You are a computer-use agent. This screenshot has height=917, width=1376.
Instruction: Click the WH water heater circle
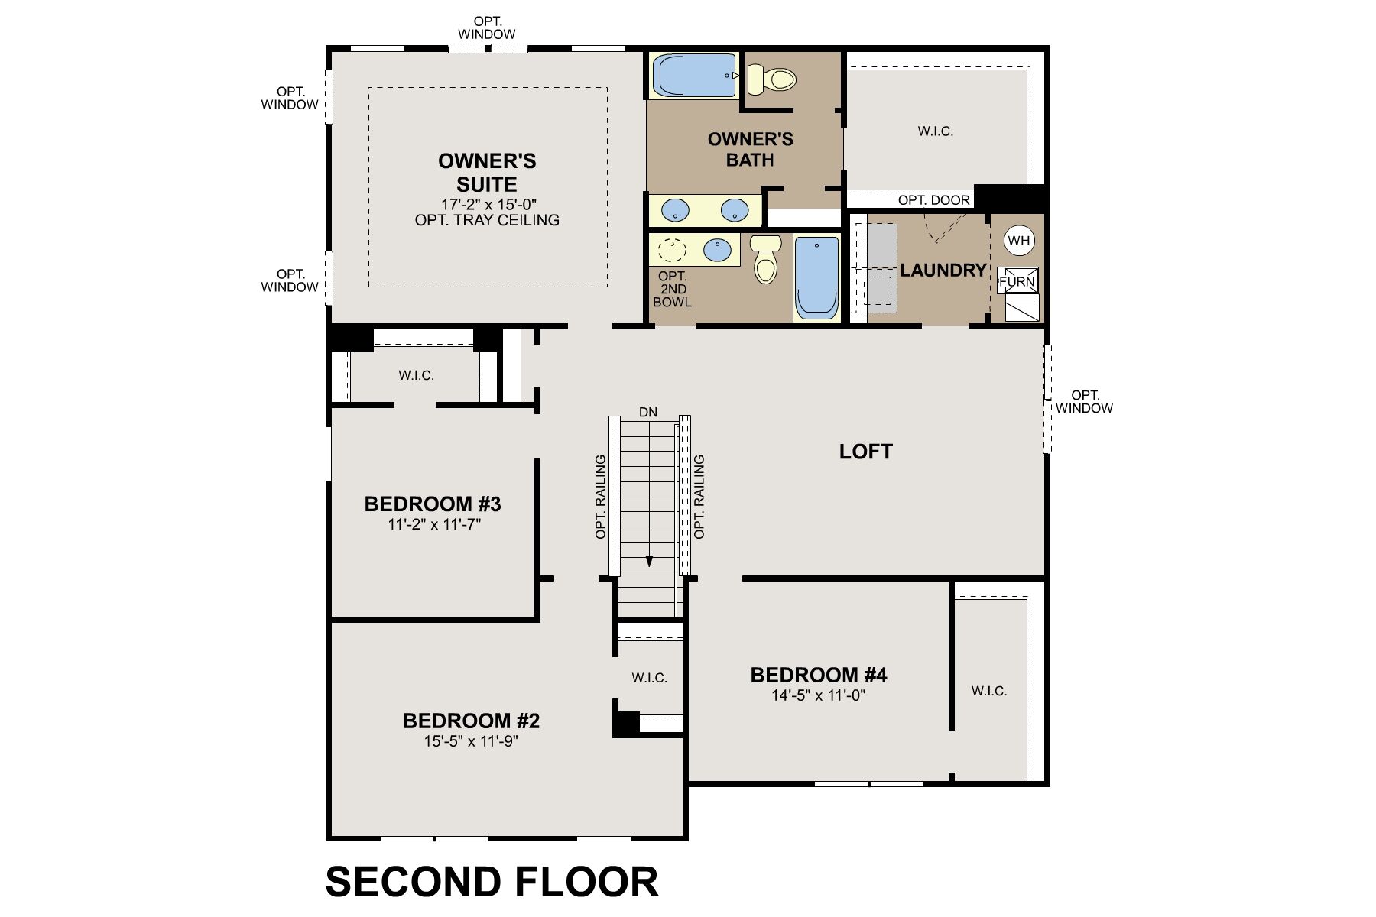click(x=1019, y=241)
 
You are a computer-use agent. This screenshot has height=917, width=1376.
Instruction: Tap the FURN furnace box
click(x=1018, y=281)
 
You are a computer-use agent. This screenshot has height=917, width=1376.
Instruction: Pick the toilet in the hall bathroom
click(x=765, y=259)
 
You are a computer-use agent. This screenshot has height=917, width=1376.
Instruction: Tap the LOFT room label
click(x=866, y=452)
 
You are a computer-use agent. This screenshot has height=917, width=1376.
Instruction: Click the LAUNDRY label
click(x=943, y=271)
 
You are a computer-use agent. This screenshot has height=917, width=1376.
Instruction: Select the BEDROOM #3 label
click(x=433, y=504)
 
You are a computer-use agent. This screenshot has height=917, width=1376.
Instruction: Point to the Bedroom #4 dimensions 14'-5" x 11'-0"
click(x=819, y=695)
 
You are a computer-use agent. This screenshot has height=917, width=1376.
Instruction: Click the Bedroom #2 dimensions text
click(x=472, y=741)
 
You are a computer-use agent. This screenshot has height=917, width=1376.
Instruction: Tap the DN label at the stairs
click(x=648, y=413)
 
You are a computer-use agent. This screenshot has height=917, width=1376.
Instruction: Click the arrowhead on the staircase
click(x=650, y=561)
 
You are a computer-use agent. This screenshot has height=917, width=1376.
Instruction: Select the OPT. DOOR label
click(x=934, y=200)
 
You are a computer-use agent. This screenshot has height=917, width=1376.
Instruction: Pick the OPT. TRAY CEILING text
click(x=487, y=220)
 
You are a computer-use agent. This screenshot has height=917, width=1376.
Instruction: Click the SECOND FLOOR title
click(x=492, y=881)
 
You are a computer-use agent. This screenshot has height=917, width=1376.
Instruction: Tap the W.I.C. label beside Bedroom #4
click(x=989, y=691)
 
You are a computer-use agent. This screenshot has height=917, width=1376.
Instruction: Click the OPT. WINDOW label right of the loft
click(x=1085, y=402)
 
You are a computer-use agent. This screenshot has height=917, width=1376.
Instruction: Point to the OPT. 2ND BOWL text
click(x=673, y=289)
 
